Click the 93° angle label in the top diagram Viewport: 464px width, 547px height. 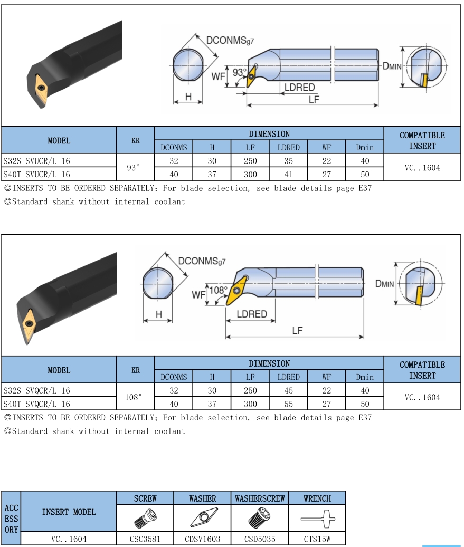click(x=240, y=72)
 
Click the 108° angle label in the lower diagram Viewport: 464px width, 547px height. click(x=218, y=290)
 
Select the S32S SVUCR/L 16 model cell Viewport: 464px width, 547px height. click(x=37, y=160)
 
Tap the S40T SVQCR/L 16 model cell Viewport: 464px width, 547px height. click(x=37, y=404)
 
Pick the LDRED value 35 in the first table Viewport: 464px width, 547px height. click(x=288, y=160)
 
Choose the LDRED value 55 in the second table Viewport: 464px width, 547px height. click(x=288, y=404)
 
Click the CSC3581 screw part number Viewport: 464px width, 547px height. click(x=145, y=539)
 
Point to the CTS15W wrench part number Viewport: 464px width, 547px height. click(x=317, y=539)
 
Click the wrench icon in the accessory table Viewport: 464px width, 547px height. click(x=318, y=519)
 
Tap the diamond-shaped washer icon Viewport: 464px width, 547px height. click(x=203, y=519)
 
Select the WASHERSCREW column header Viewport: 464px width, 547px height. click(x=260, y=498)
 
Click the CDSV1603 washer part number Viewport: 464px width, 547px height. click(x=203, y=539)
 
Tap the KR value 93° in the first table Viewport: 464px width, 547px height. click(x=135, y=167)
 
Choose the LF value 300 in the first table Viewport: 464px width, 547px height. click(x=250, y=174)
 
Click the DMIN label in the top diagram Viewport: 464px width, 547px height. click(x=392, y=66)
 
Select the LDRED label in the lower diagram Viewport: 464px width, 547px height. click(x=251, y=314)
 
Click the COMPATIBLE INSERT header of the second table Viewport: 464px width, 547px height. click(x=422, y=370)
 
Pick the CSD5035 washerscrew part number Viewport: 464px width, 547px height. click(x=260, y=539)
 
